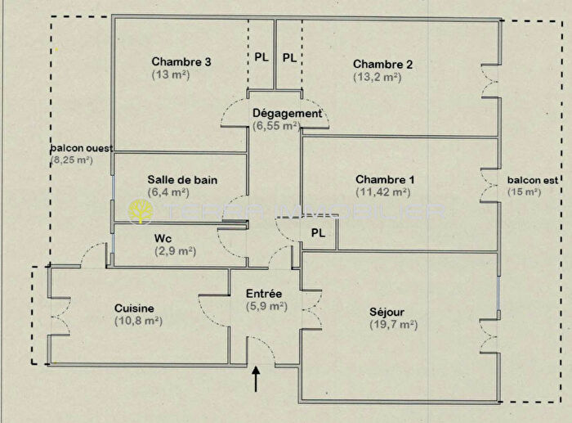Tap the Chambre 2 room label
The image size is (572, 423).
click(x=382, y=65)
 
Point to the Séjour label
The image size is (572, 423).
click(x=387, y=312)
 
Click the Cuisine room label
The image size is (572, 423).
click(x=134, y=308)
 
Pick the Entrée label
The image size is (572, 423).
click(x=264, y=294)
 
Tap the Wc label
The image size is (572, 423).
click(x=163, y=238)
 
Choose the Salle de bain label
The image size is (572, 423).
click(x=182, y=180)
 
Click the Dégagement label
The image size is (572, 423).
click(x=275, y=114)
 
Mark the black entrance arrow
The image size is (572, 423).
click(x=257, y=378)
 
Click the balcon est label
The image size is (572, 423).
click(x=525, y=179)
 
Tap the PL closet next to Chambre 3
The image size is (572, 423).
click(x=261, y=57)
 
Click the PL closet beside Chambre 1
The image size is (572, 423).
click(x=319, y=233)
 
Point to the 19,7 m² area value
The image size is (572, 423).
click(x=393, y=325)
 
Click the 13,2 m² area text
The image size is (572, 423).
click(x=377, y=78)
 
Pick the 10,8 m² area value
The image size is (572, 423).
click(x=138, y=321)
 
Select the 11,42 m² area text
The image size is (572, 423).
click(x=384, y=193)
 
